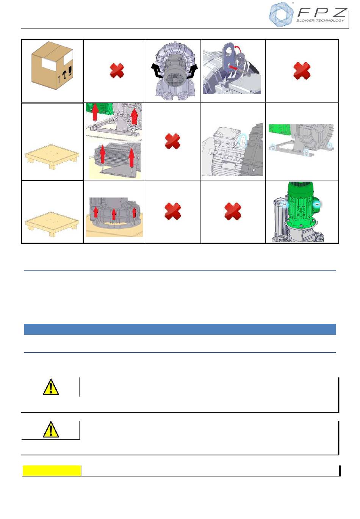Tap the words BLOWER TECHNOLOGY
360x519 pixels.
pos(320,20)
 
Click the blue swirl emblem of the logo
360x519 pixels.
pos(281,14)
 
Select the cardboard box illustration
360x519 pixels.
pos(52,66)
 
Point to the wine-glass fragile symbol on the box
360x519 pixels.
pos(70,71)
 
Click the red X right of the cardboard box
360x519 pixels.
pos(117,71)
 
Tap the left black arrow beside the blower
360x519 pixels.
pos(156,71)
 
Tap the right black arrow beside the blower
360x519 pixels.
pos(193,71)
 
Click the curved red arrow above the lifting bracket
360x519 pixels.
pos(238,48)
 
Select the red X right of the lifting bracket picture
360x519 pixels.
pos(302,71)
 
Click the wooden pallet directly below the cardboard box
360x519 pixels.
pos(52,157)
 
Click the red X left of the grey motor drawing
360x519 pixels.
pos(172,141)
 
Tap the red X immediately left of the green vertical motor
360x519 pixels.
pos(233,211)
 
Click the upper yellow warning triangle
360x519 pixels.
pos(51,387)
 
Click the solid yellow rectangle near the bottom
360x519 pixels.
pos(52,470)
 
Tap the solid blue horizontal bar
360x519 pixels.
pos(180,329)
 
